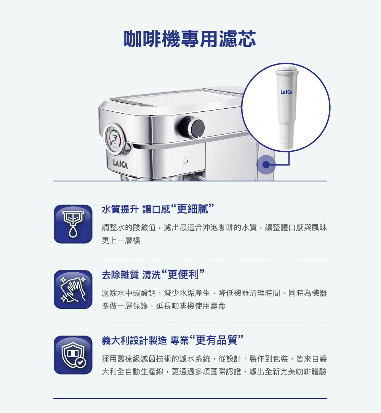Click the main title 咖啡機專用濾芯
click(190, 39)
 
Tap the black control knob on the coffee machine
click(196, 127)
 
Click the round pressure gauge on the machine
click(114, 138)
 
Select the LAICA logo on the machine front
click(120, 164)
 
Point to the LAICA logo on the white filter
click(286, 92)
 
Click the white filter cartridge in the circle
click(287, 107)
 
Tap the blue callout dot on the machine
click(266, 165)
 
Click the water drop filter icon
click(73, 224)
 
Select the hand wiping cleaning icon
click(73, 289)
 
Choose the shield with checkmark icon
click(73, 355)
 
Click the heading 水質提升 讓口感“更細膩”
click(158, 209)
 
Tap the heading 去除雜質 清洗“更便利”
click(153, 275)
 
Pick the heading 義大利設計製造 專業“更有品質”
click(172, 340)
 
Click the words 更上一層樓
click(121, 240)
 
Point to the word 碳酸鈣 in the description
click(144, 293)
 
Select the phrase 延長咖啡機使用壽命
click(191, 306)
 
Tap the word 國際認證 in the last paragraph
click(226, 372)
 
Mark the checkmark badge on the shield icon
click(80, 362)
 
